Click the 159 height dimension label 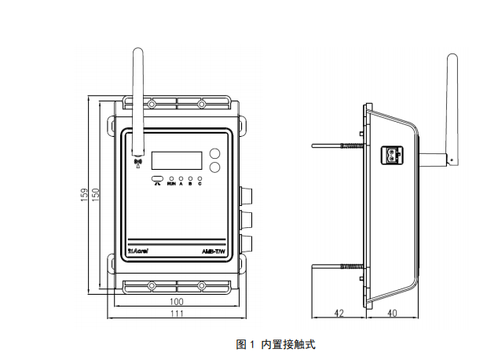point(85,195)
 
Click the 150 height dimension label point(96,195)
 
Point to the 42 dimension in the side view point(339,313)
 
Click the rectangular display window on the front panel point(177,159)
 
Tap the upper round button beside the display point(215,154)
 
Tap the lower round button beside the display point(215,167)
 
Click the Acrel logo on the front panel point(138,252)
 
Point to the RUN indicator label point(171,184)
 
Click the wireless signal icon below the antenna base point(137,163)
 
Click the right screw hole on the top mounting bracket point(201,103)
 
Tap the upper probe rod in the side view point(338,146)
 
